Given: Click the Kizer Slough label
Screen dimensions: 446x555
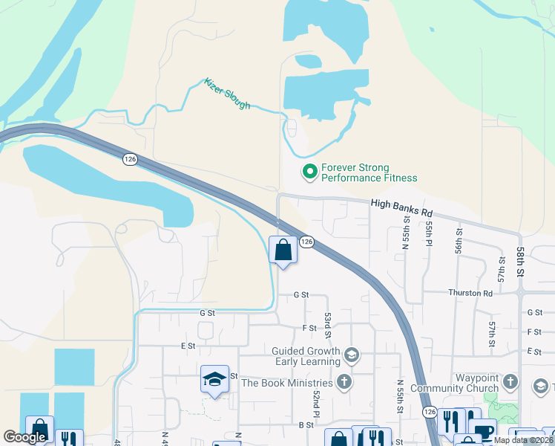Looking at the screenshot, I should [227, 94].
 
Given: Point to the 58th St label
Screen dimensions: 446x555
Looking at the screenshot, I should [522, 261].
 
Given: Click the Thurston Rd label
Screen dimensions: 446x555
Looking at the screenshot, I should [470, 293].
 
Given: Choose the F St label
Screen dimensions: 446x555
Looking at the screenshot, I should [309, 328].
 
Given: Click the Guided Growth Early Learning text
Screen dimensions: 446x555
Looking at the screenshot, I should [306, 356].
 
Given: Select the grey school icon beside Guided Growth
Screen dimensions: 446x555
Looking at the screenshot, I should [352, 356].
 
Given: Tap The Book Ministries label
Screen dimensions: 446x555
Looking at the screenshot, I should [286, 384].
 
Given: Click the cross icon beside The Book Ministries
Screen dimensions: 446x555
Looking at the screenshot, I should [344, 383].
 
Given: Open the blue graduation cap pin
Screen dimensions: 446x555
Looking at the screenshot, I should [214, 379].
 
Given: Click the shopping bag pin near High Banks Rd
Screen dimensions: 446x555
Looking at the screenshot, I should [283, 250].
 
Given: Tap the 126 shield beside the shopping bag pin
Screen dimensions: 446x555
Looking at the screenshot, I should [306, 242].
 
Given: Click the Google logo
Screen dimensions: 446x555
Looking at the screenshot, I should [25, 437].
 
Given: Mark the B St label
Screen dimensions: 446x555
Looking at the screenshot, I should [305, 424].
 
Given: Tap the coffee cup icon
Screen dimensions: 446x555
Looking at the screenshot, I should [483, 433].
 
